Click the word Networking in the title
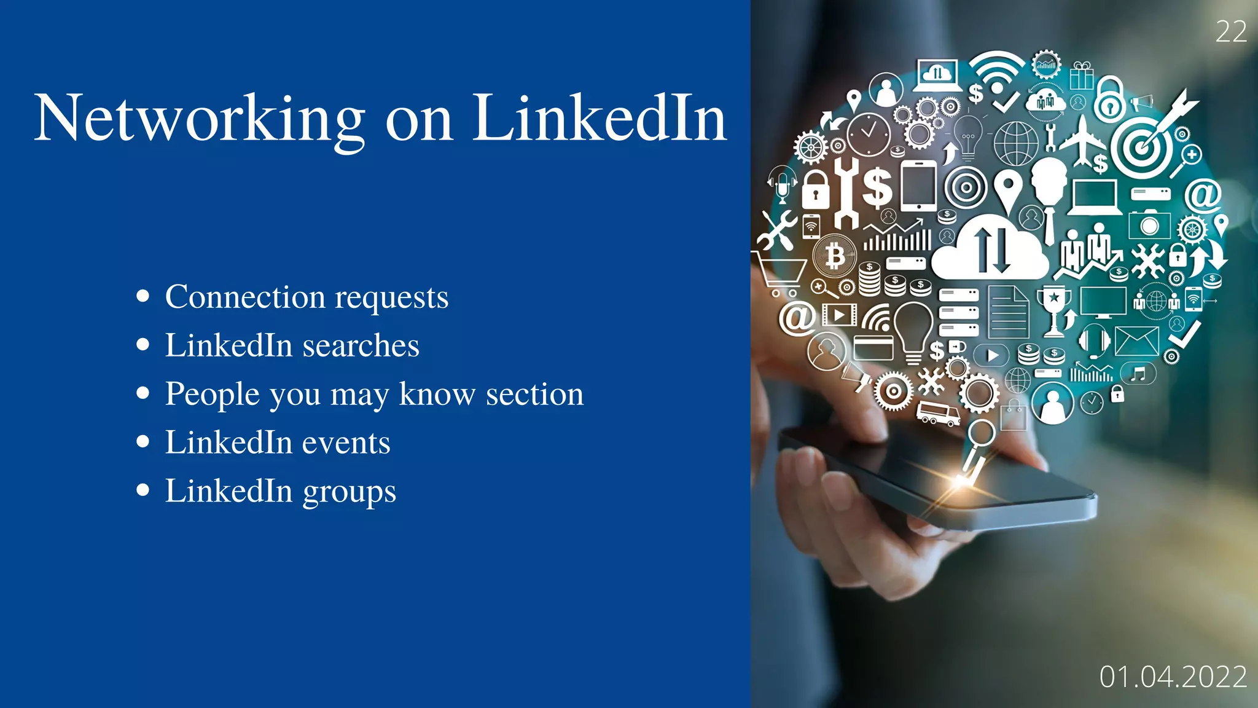pos(200,119)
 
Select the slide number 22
pos(1231,32)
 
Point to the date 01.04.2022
pos(1173,677)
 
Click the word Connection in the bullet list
pos(245,297)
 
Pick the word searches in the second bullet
pos(361,345)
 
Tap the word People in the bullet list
pos(212,394)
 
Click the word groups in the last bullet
pos(349,491)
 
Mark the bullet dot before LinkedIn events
pos(143,441)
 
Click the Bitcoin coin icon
pos(835,255)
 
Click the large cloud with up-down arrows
pos(990,249)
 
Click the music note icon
pos(1138,373)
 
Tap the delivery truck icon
pos(938,412)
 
